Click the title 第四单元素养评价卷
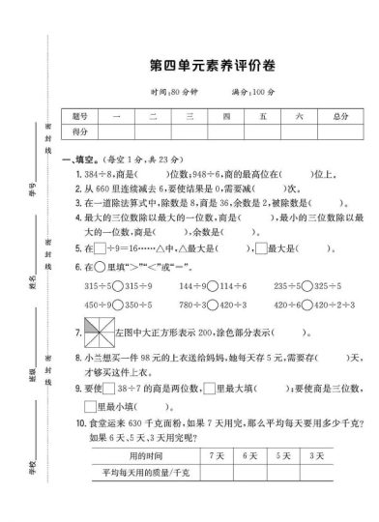207,66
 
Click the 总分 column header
339,115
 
